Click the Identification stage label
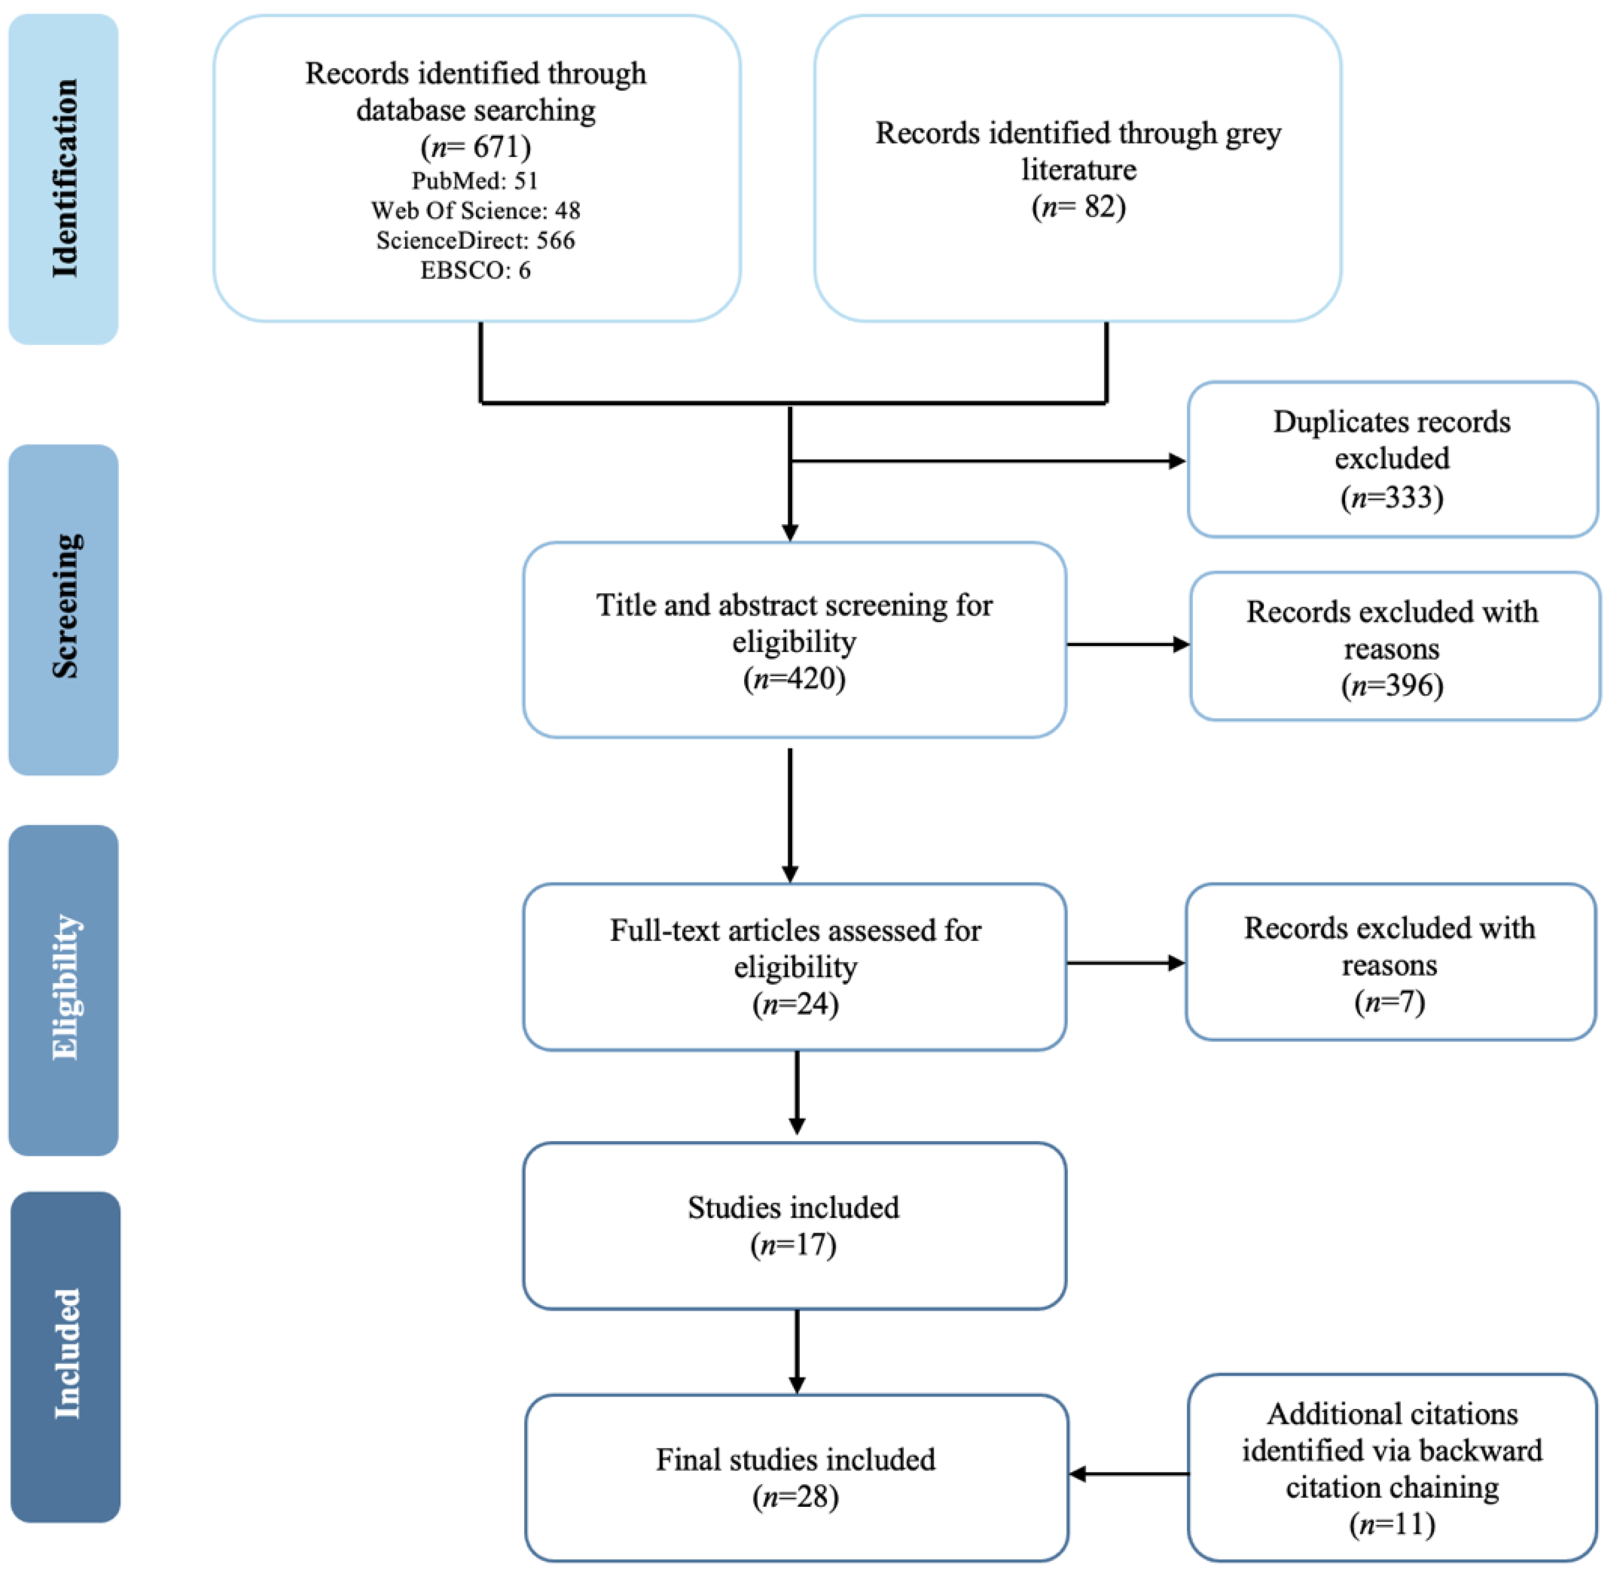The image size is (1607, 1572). [x=65, y=178]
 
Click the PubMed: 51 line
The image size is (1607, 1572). [x=475, y=180]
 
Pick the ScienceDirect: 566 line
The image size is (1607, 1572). [x=475, y=240]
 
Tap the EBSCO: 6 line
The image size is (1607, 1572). [x=475, y=270]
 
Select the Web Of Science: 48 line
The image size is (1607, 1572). [x=475, y=211]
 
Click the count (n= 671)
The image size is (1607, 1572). [x=475, y=147]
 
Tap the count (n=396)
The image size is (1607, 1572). [x=1393, y=685]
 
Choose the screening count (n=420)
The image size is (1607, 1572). [x=794, y=679]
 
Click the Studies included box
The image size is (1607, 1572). [x=794, y=1226]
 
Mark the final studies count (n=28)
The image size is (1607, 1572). [x=795, y=1497]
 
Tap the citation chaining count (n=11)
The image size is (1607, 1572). [x=1393, y=1523]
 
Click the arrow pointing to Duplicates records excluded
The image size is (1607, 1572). [x=988, y=461]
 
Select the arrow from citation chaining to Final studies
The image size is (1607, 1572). [x=1129, y=1474]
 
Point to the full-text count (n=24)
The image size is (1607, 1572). [x=795, y=1004]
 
